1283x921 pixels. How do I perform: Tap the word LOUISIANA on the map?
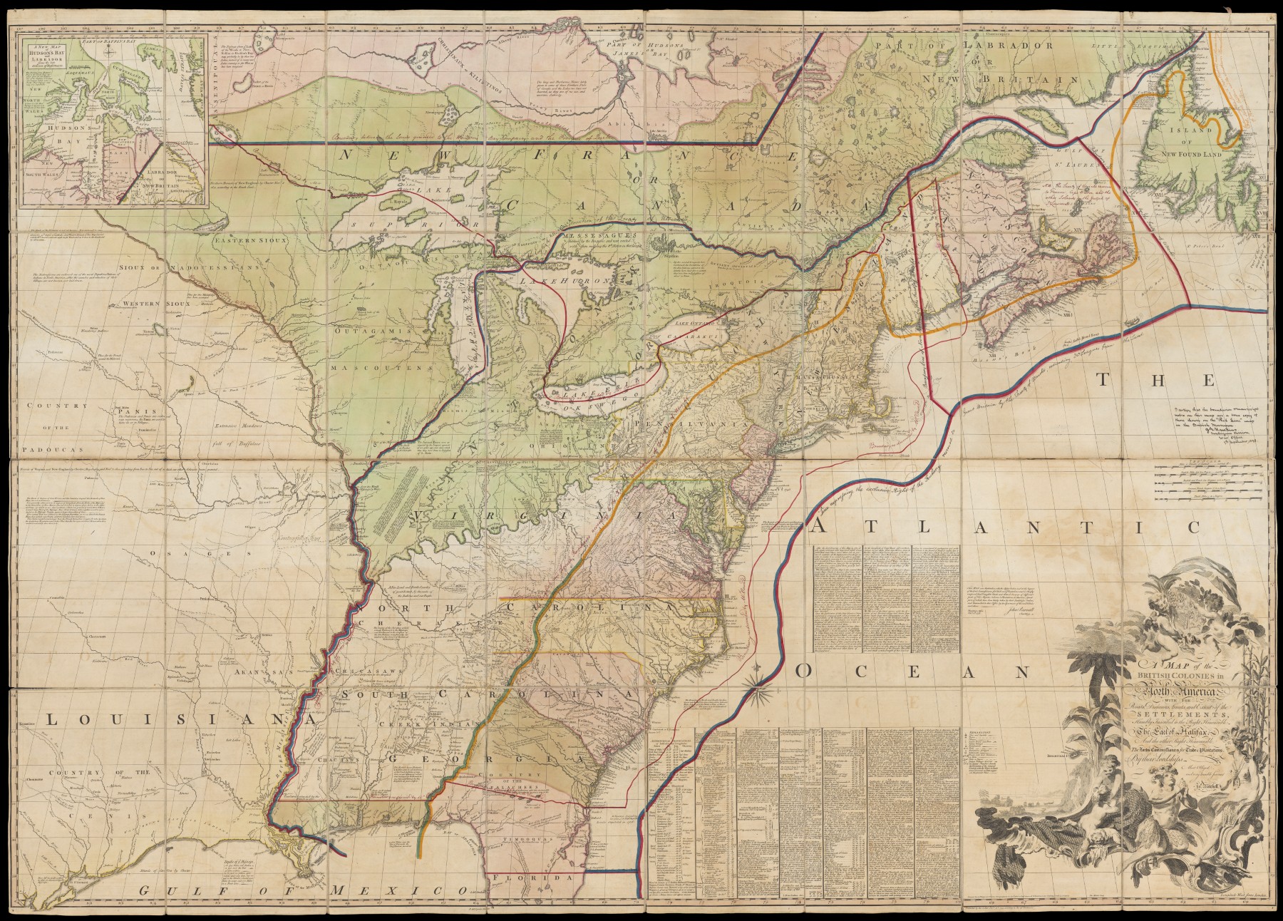(x=168, y=720)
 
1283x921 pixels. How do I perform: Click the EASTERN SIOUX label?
(x=251, y=241)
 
